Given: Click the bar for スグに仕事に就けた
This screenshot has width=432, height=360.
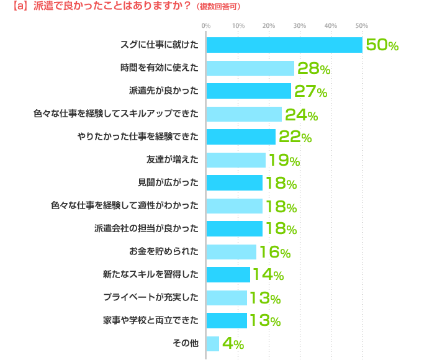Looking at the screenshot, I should tap(284, 45).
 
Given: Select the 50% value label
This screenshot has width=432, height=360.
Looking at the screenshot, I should tap(382, 45).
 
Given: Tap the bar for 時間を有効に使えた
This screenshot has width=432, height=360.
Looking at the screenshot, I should tap(250, 68).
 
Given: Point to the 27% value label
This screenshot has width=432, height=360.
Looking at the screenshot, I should tap(310, 91).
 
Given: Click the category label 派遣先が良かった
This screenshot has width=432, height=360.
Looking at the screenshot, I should tap(164, 91).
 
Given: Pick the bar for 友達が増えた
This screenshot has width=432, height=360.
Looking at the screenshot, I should tap(235, 160).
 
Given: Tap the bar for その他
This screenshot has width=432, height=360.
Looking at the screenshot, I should tap(212, 343).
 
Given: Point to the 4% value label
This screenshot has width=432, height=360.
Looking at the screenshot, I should tap(233, 343).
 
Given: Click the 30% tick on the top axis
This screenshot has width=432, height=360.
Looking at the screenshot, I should tap(299, 25).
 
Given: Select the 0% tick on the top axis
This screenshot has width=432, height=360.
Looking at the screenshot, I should tap(206, 25).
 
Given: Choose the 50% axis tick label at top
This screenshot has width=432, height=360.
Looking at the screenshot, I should tap(362, 25).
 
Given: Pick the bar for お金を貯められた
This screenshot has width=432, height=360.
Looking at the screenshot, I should tap(231, 251).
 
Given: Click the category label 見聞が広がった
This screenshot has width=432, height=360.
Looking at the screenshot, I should tap(168, 183).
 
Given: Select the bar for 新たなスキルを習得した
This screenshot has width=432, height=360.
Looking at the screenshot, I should tap(228, 274).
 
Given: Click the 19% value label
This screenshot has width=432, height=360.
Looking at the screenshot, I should tap(283, 160).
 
